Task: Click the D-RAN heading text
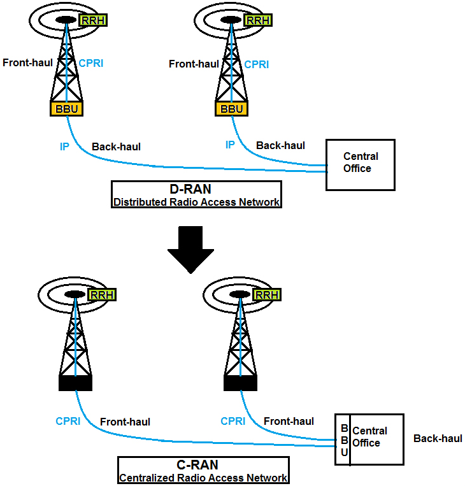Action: pyautogui.click(x=196, y=189)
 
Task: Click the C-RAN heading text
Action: pyautogui.click(x=203, y=465)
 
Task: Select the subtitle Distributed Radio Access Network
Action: pyautogui.click(x=196, y=203)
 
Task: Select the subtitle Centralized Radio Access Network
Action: pyautogui.click(x=203, y=478)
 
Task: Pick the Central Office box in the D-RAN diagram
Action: pyautogui.click(x=360, y=165)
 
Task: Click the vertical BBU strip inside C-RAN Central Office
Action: pyautogui.click(x=344, y=440)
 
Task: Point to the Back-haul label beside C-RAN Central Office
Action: pyautogui.click(x=438, y=438)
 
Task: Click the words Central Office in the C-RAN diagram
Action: pyautogui.click(x=369, y=437)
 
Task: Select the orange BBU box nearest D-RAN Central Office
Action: pyautogui.click(x=232, y=109)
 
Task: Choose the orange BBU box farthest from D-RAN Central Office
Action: pyautogui.click(x=67, y=109)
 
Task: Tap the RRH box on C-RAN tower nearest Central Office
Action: pyautogui.click(x=266, y=295)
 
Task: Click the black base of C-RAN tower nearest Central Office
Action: pyautogui.click(x=241, y=383)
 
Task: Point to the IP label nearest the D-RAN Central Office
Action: pyautogui.click(x=230, y=145)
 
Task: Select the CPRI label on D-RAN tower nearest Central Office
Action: pyautogui.click(x=257, y=64)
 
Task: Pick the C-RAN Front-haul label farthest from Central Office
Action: pyautogui.click(x=125, y=422)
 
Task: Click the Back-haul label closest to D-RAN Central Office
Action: pyautogui.click(x=280, y=146)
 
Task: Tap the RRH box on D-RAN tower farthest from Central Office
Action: pyautogui.click(x=93, y=20)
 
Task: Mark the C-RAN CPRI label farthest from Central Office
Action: pyautogui.click(x=68, y=421)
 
